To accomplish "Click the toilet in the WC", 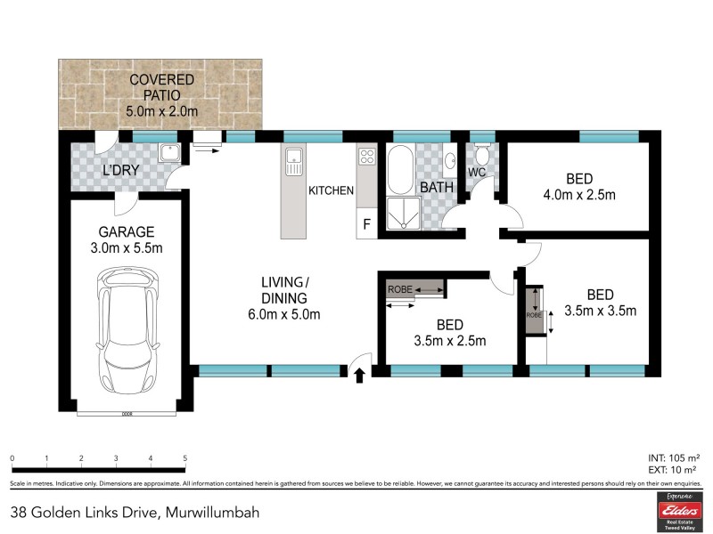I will point(482,153).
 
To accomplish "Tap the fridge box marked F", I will point(366,224).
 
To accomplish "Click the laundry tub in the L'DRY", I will point(169,153).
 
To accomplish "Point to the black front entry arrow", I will point(359,376).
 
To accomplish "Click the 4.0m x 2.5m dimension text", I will point(580,194).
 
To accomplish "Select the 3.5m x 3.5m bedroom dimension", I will point(599,311).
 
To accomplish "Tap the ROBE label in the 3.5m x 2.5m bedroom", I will point(398,289).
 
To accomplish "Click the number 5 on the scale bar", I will point(184,458).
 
